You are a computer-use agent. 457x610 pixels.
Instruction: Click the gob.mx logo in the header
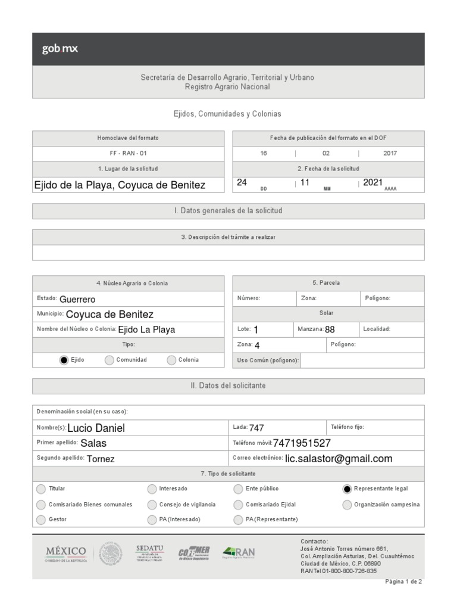[60, 49]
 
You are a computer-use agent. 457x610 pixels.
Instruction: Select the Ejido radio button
[64, 360]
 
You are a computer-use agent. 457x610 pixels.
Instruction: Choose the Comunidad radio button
[109, 360]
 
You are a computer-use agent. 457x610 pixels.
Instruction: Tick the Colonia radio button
[171, 360]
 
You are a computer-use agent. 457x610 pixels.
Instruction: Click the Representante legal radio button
[347, 489]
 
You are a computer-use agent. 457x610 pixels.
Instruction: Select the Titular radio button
[40, 489]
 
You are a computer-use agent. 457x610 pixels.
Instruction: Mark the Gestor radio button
[40, 520]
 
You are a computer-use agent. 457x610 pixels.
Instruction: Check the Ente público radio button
[238, 489]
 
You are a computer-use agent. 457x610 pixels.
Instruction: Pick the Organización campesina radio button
[347, 505]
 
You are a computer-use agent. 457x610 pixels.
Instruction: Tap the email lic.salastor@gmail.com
[339, 459]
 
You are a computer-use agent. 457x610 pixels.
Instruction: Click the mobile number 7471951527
[302, 443]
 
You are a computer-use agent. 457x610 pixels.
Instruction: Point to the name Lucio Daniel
[96, 428]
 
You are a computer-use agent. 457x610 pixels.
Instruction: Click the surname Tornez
[101, 459]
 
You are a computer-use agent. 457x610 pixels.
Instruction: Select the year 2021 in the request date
[373, 183]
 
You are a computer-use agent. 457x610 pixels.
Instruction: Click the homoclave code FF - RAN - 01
[128, 153]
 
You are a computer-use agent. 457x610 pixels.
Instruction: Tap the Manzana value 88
[330, 329]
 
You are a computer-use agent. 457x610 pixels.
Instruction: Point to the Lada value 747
[256, 428]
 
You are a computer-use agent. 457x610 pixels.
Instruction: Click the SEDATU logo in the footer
[149, 552]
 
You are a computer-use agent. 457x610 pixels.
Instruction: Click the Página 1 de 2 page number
[403, 582]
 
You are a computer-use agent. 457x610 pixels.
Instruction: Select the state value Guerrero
[77, 299]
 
